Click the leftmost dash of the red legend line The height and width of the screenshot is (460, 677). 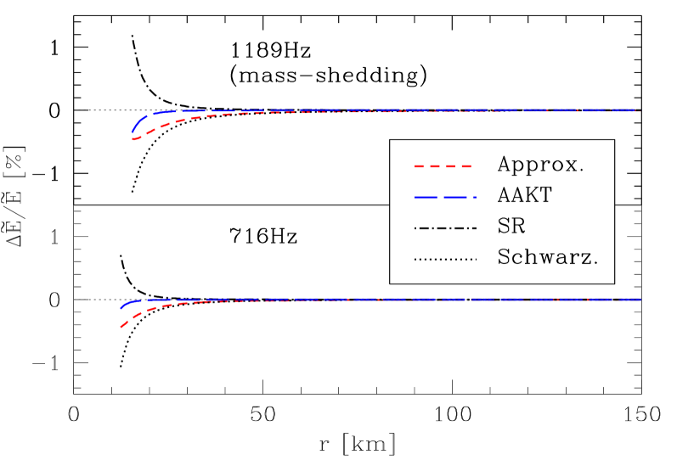[420, 166]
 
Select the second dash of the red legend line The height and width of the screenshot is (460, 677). [435, 166]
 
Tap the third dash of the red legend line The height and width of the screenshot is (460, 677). [450, 166]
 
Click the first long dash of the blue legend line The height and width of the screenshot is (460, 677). [426, 197]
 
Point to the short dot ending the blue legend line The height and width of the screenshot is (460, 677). [475, 197]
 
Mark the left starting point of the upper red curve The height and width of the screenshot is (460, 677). [133, 138]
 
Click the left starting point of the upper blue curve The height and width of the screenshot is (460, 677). [133, 133]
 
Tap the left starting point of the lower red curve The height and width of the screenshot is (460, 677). [121, 327]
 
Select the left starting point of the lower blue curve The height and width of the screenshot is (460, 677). [121, 308]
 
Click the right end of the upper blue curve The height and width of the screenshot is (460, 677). [636, 109]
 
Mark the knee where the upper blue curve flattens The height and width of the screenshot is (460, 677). [151, 114]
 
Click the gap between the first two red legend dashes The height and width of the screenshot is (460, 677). [427, 166]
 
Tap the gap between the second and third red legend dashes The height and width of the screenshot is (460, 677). [443, 166]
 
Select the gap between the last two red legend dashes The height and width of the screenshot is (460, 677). [458, 166]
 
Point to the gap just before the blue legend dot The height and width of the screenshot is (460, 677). [471, 197]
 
